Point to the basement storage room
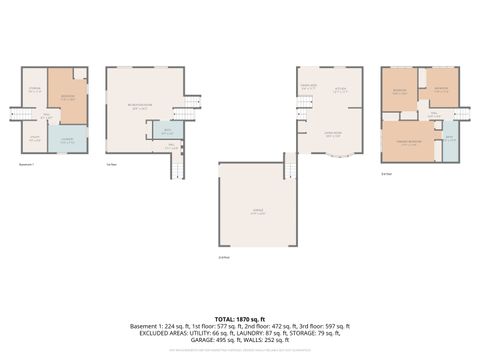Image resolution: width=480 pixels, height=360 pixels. click(x=33, y=92)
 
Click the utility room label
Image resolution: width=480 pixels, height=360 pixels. click(x=33, y=140)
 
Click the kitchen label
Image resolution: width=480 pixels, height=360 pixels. click(x=339, y=87)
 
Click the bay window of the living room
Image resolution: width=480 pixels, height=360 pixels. click(x=338, y=158)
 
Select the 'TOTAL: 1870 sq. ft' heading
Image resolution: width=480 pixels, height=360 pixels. click(x=240, y=316)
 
